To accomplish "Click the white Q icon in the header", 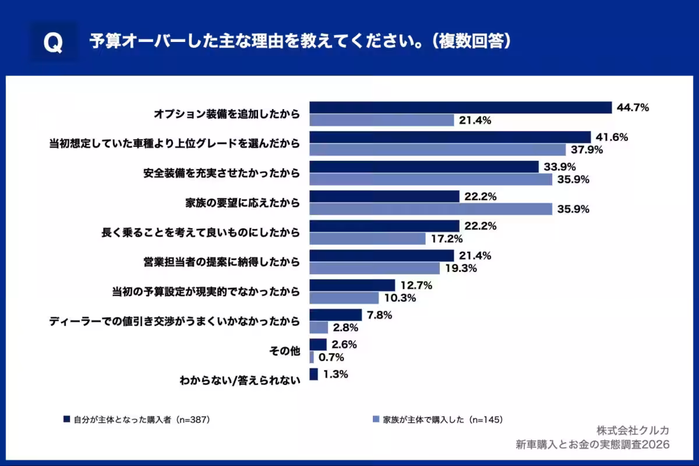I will [x=53, y=43].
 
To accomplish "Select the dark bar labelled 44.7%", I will [x=460, y=108].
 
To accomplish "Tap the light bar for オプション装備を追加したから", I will [x=382, y=121].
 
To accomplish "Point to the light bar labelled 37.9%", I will [x=437, y=150].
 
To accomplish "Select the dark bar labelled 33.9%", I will [x=424, y=167].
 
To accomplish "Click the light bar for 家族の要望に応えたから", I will [x=430, y=209].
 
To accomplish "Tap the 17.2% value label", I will [x=447, y=239].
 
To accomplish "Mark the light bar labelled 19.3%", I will [x=375, y=269].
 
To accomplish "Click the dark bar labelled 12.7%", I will [x=352, y=285].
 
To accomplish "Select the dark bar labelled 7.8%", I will [x=336, y=315].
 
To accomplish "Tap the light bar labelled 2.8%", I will [x=319, y=328].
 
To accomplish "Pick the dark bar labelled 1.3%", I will [x=313, y=375].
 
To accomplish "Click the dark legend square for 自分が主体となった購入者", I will [x=67, y=419].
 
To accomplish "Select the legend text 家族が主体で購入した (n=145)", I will [x=443, y=419].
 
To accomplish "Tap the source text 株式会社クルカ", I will [x=633, y=430].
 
